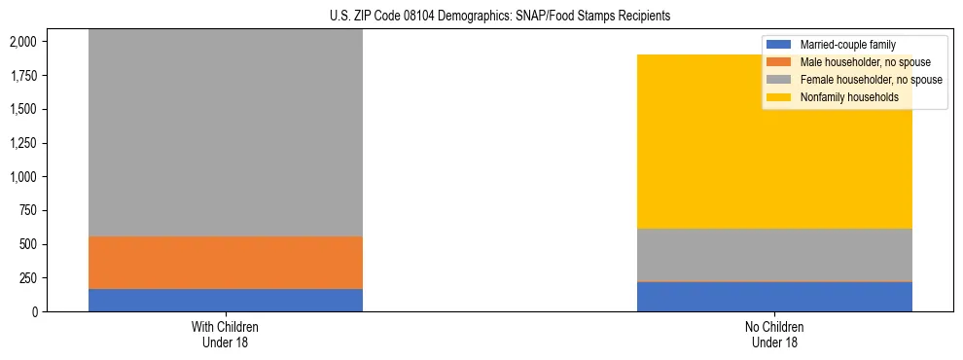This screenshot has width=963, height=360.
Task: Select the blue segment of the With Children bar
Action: click(225, 300)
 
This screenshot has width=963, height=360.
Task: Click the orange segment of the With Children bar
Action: click(225, 263)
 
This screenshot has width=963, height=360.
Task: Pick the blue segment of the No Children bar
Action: click(774, 297)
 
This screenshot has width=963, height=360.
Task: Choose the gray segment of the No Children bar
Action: click(774, 255)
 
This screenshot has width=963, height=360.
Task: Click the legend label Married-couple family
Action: click(847, 45)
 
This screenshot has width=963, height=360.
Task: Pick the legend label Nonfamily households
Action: click(849, 97)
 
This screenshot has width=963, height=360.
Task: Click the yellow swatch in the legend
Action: click(779, 97)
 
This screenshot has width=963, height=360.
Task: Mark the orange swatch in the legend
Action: click(779, 62)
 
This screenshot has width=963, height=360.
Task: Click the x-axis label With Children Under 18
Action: click(225, 335)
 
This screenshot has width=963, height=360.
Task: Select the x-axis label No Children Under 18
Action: click(774, 335)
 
